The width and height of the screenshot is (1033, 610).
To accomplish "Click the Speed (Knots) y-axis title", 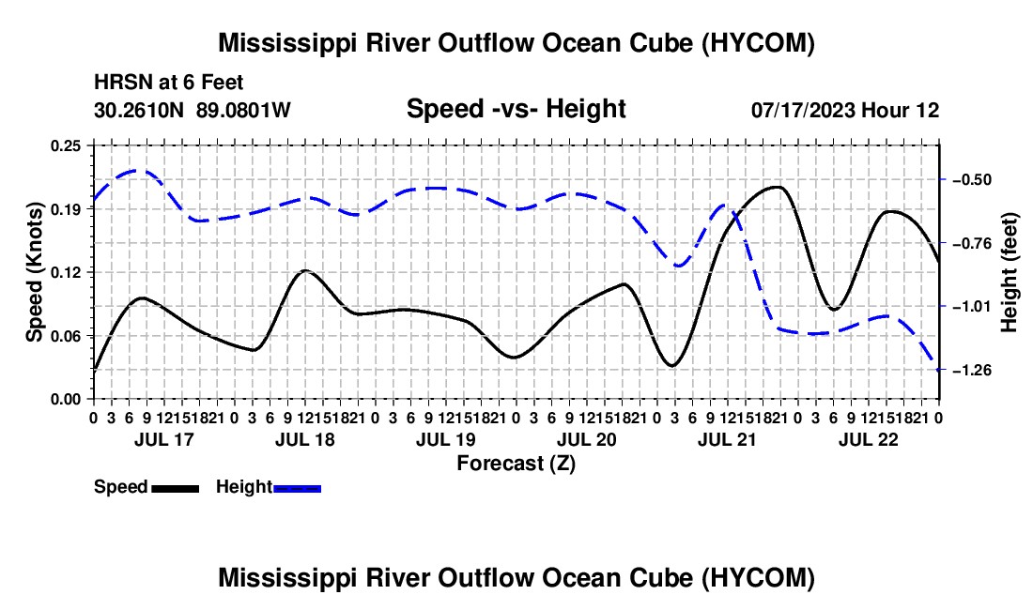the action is click(34, 272).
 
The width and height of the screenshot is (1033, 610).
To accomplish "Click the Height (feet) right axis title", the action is click(1010, 272).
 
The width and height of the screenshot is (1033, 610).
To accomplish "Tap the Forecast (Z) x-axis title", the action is click(516, 464).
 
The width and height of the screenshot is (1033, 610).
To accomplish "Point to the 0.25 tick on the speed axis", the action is click(66, 145).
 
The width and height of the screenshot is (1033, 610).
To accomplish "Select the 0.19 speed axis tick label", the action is click(66, 209).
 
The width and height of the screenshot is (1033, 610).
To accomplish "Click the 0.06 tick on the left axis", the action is click(66, 336).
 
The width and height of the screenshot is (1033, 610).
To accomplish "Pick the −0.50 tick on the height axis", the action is click(971, 179).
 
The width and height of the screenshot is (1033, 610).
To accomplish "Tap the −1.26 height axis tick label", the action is click(971, 371).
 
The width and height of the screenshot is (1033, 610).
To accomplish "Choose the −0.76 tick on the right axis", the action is click(971, 244).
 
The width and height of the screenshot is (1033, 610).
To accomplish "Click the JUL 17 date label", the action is click(164, 439).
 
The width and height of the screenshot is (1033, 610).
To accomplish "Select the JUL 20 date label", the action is click(586, 439).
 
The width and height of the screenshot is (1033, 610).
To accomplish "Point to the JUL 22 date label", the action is click(869, 439).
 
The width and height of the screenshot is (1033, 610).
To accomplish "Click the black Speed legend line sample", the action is click(175, 489).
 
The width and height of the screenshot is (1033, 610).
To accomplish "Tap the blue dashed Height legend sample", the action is click(297, 489).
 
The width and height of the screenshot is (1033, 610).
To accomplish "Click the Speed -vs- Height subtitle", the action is click(516, 109).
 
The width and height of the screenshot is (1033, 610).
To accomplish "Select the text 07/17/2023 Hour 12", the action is click(845, 110).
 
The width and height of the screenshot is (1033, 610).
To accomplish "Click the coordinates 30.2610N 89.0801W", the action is click(193, 110).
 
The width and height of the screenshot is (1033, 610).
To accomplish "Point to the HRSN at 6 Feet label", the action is click(169, 83).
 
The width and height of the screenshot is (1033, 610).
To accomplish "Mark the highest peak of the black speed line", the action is click(779, 187).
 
